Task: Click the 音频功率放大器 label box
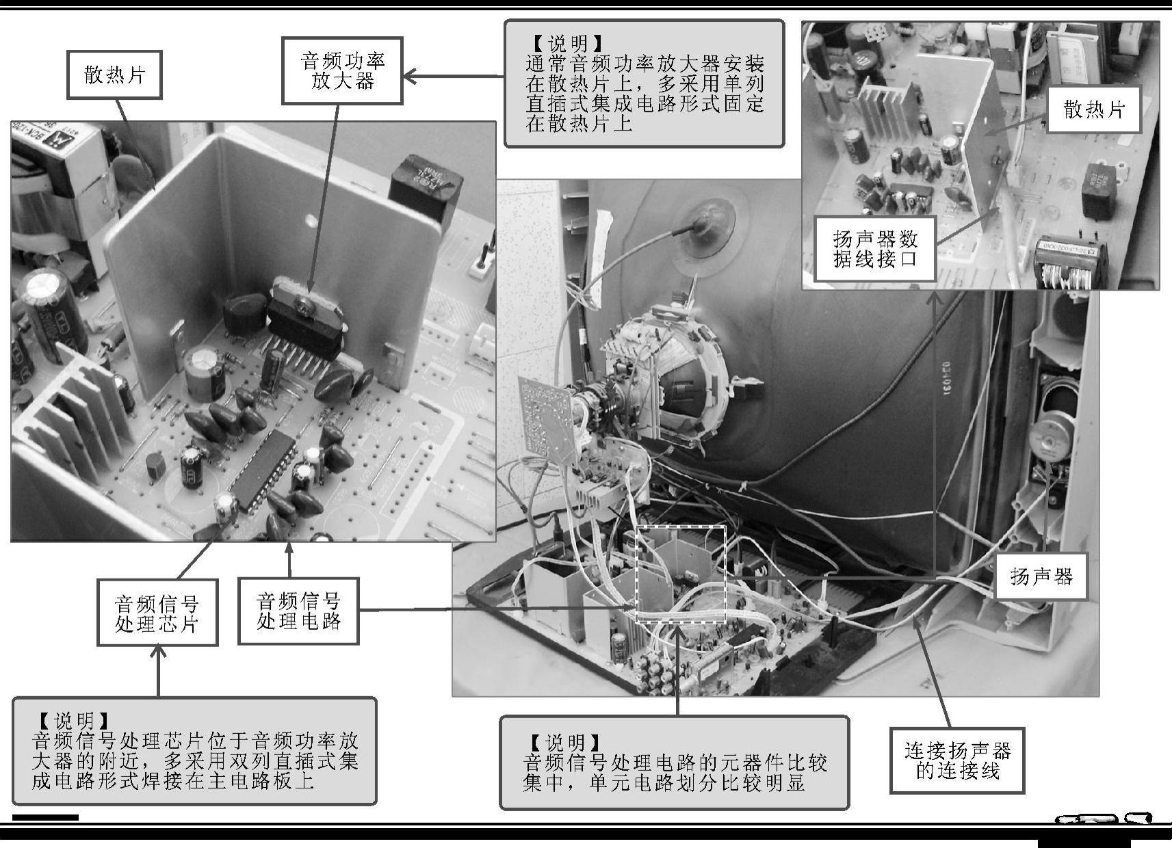(342, 70)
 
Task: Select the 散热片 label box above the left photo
(114, 75)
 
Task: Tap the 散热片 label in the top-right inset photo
(1094, 109)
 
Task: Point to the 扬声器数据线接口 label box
(875, 249)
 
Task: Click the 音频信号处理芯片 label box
(157, 612)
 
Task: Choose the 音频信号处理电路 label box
(298, 611)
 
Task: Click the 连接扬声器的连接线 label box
(957, 760)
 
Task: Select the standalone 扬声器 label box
(1041, 576)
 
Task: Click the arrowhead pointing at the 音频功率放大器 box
(410, 77)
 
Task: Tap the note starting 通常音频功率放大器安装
(644, 83)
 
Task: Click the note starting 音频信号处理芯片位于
(194, 751)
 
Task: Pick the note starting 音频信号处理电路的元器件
(675, 763)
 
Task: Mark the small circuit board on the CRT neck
(548, 419)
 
